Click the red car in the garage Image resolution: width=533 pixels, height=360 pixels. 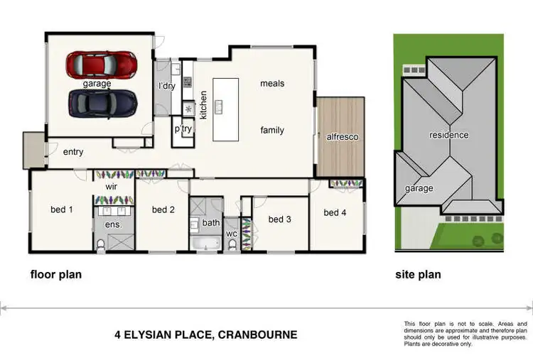[102, 65]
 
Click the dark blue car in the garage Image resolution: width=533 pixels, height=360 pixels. [102, 103]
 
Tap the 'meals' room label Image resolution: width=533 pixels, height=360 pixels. [271, 84]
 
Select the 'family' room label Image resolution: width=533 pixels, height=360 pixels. [271, 130]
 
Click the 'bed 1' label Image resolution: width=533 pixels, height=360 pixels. [61, 209]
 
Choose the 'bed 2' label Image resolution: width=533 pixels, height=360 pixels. [163, 209]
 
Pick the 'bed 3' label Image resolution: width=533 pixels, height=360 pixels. [279, 219]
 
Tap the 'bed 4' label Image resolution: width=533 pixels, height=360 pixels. [335, 212]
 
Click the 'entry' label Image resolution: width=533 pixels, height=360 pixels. [73, 152]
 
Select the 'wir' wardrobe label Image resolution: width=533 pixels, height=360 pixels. [111, 186]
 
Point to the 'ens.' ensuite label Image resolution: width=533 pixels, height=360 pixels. [114, 224]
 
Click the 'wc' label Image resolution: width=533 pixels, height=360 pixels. [232, 233]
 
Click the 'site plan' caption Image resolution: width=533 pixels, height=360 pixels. [417, 274]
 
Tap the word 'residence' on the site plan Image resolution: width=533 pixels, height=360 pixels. [448, 135]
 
